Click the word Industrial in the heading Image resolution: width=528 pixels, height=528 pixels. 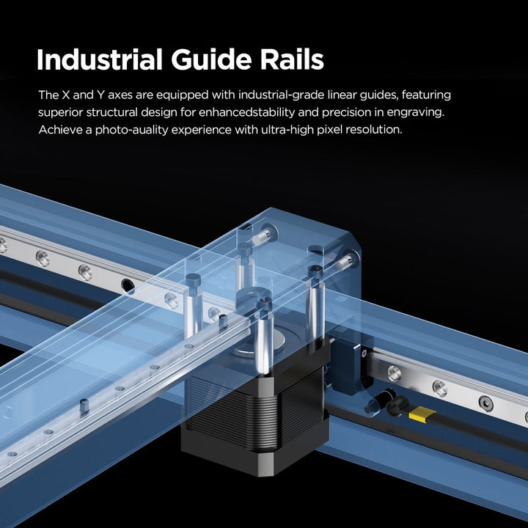[x=100, y=59]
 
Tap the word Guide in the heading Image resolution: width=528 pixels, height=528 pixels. [x=211, y=59]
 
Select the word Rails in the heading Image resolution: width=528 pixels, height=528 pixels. [x=292, y=59]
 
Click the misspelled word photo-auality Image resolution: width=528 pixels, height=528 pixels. [x=132, y=130]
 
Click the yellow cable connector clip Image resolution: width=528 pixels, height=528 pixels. [x=421, y=414]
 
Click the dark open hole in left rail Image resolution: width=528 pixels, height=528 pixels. [x=128, y=285]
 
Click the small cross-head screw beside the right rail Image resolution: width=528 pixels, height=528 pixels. [x=364, y=353]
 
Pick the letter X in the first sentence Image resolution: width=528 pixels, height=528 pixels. [x=66, y=95]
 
